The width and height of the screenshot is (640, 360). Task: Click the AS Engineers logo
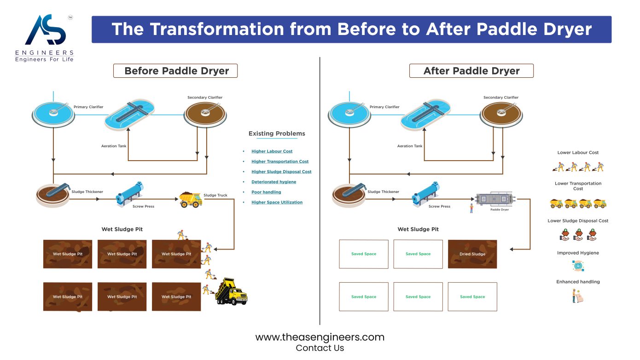click(45, 38)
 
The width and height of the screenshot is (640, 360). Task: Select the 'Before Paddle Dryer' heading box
click(176, 71)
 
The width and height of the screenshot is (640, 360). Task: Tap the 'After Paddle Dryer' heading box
click(471, 71)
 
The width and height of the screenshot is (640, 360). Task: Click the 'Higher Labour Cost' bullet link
click(272, 151)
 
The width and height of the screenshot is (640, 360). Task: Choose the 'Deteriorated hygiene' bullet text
click(273, 182)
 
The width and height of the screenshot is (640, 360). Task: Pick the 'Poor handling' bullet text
click(266, 192)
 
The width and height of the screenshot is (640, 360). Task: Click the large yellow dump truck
click(231, 292)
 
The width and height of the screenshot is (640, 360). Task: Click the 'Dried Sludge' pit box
click(472, 254)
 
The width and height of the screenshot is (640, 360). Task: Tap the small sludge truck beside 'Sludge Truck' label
click(190, 199)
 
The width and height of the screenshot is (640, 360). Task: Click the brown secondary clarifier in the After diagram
click(500, 114)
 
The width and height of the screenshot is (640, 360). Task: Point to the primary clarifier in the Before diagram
click(53, 114)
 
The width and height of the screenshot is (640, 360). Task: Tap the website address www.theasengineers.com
click(320, 337)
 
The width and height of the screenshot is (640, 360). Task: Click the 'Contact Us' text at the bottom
click(320, 348)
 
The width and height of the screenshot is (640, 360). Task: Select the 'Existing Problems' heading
click(277, 134)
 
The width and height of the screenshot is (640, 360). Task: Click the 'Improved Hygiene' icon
click(578, 266)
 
